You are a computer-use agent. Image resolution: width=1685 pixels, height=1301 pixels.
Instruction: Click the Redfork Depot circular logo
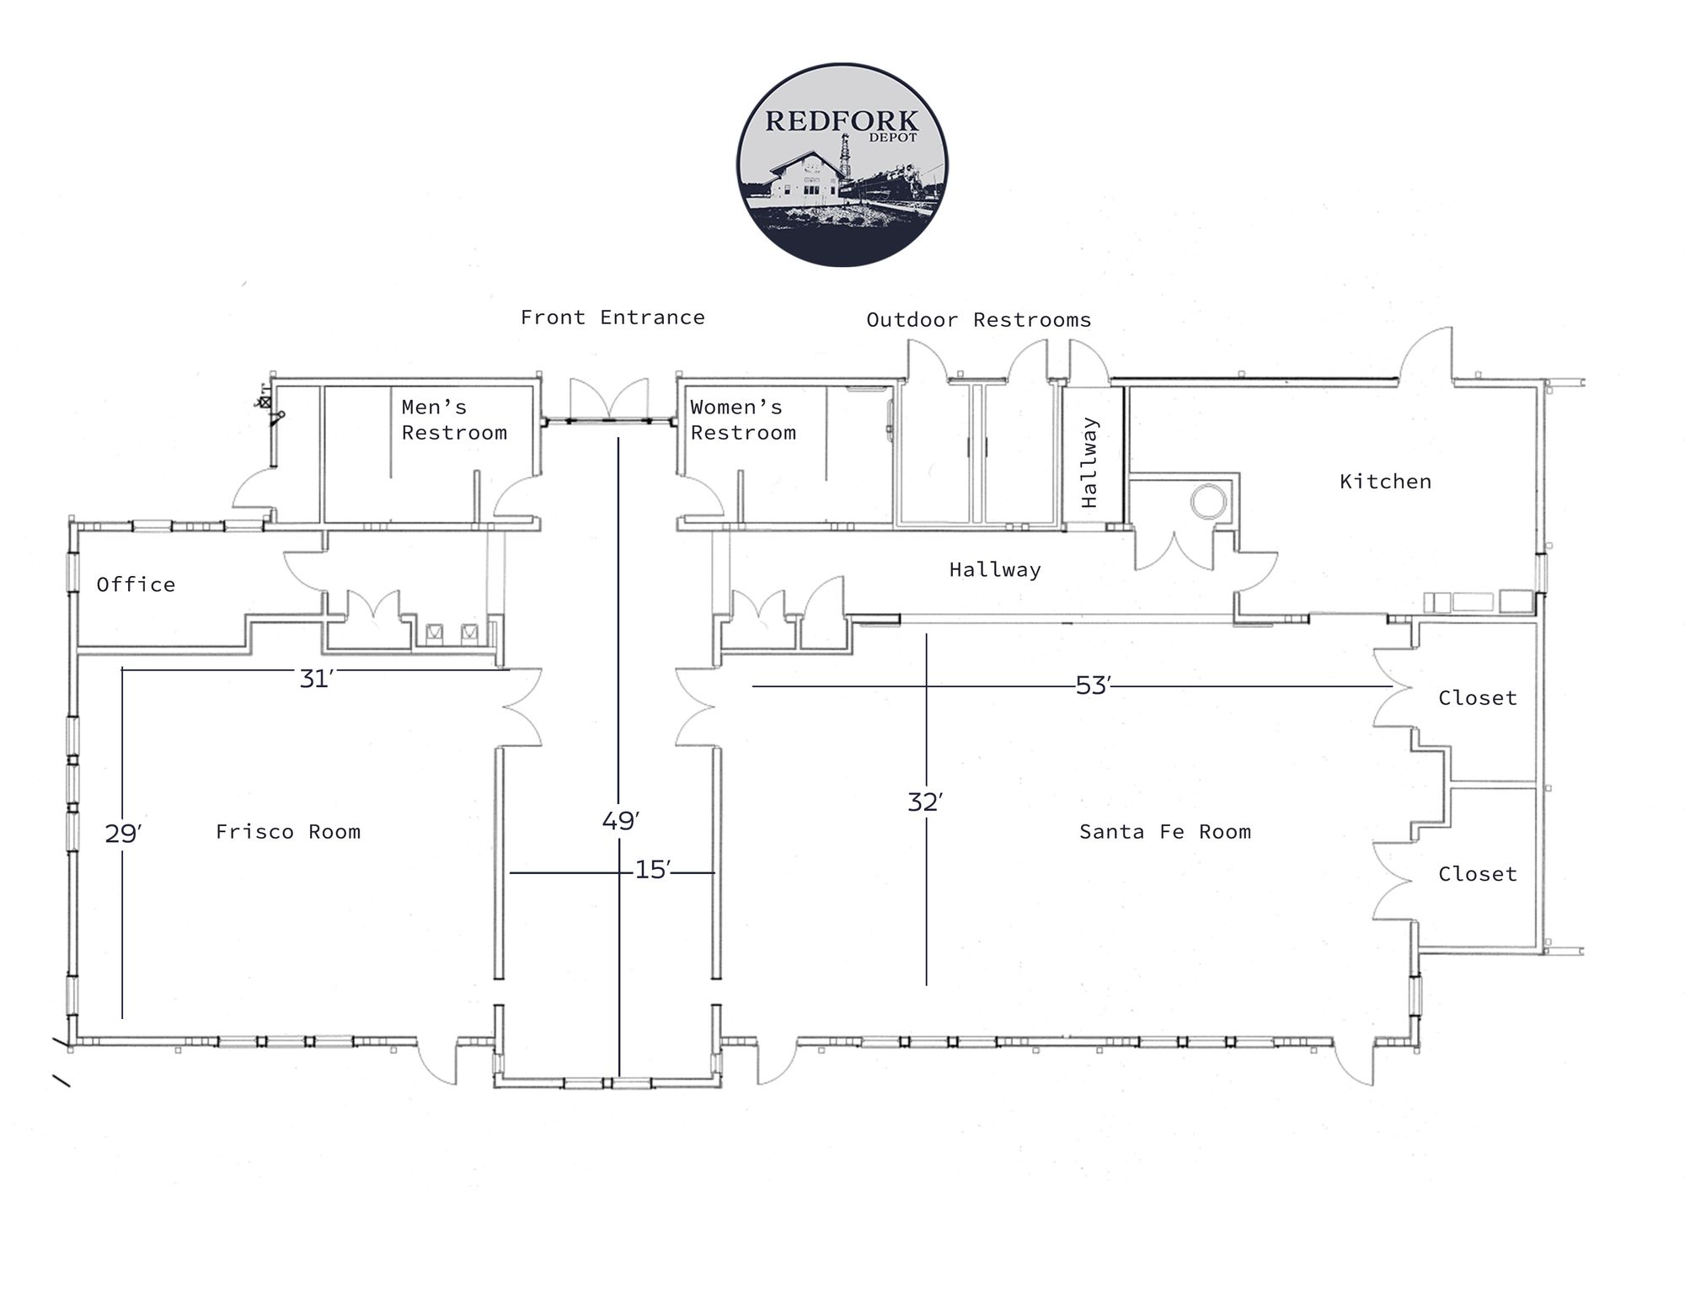[842, 164]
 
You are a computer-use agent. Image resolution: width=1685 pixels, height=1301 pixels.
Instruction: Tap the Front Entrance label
[612, 317]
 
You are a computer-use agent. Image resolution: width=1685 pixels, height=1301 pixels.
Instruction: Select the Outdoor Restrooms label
[978, 320]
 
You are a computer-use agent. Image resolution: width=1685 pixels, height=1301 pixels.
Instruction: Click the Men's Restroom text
[453, 420]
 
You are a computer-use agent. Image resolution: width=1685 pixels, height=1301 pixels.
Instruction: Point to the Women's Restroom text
[742, 420]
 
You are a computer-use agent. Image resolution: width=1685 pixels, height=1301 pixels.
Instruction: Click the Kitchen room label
[1385, 482]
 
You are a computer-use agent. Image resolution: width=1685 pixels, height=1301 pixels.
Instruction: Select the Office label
[136, 584]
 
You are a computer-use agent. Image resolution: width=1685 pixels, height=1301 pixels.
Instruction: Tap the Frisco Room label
[288, 832]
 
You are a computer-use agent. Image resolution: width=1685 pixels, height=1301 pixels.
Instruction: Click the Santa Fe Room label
[1164, 832]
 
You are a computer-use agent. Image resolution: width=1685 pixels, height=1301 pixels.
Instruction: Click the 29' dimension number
[123, 834]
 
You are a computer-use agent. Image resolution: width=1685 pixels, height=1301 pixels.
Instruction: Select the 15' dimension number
[652, 870]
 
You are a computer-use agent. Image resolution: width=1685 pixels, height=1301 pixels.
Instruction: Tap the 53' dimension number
[1093, 686]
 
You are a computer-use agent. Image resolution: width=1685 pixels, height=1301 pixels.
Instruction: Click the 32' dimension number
[924, 802]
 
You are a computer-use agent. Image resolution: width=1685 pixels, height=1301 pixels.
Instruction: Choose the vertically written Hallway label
[1089, 462]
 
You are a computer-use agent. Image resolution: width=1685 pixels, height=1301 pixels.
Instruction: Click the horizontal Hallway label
[995, 570]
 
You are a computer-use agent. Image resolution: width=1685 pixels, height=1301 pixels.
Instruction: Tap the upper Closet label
[1477, 698]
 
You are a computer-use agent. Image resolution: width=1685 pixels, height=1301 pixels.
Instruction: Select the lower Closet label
[1477, 874]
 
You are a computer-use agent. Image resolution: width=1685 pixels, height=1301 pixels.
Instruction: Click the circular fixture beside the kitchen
[1209, 502]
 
